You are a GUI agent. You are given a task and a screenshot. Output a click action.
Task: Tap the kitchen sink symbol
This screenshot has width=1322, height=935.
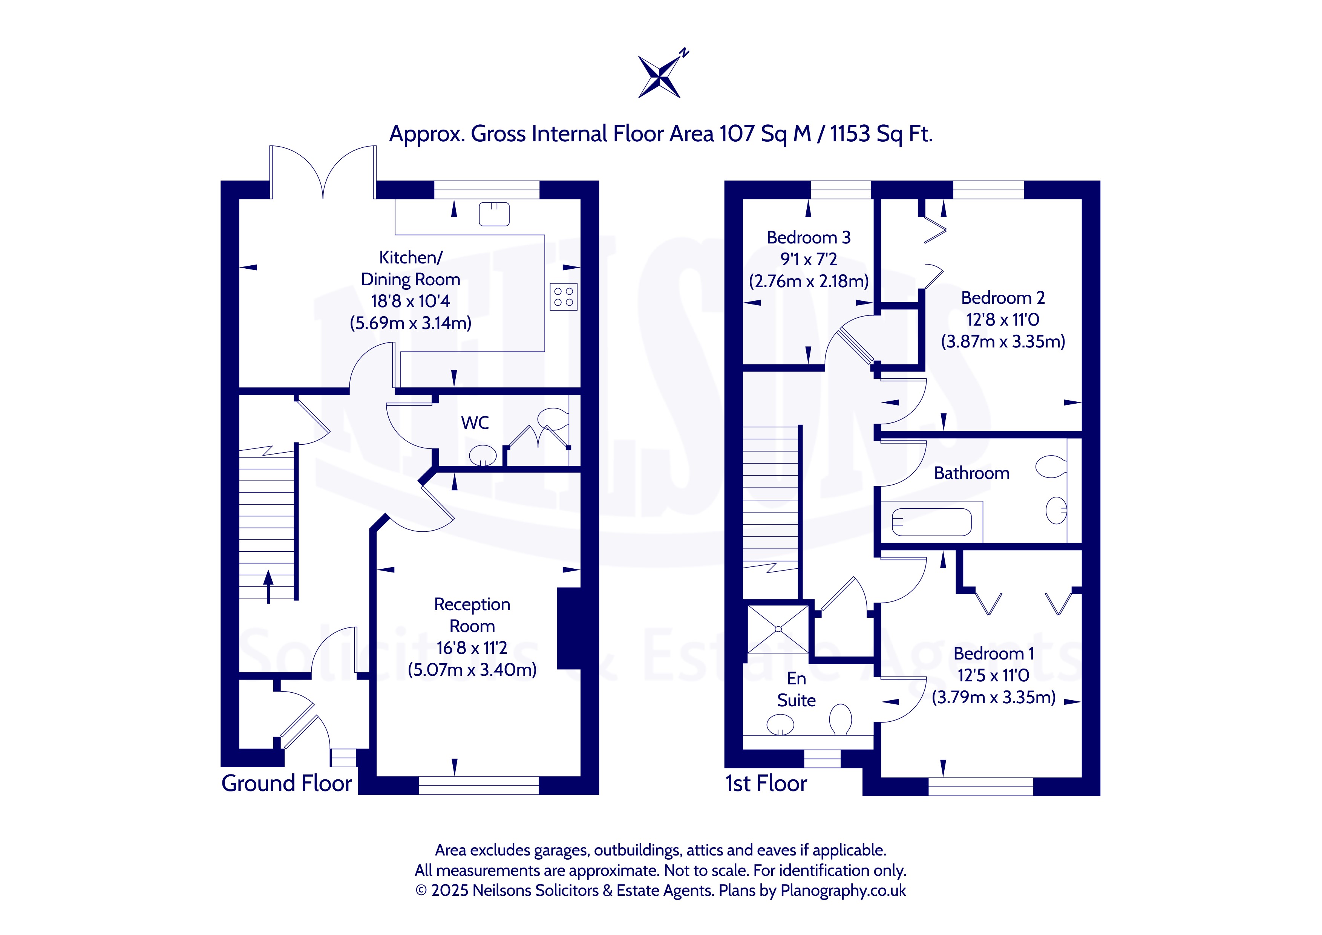[494, 214]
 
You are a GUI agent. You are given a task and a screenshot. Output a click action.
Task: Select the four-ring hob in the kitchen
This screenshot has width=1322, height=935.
[563, 297]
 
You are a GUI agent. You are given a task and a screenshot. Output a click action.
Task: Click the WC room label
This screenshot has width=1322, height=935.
[475, 422]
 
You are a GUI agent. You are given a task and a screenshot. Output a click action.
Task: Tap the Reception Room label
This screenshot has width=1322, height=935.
[472, 615]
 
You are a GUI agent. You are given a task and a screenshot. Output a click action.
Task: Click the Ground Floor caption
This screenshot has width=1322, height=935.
[287, 784]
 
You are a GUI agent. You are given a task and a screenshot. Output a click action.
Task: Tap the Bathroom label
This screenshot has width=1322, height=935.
[972, 473]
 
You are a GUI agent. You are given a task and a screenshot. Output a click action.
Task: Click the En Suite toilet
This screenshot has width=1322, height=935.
[841, 720]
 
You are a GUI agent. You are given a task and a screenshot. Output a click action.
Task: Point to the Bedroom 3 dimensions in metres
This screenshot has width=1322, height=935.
[809, 281]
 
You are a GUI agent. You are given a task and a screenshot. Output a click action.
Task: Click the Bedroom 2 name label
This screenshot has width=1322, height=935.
[1003, 298]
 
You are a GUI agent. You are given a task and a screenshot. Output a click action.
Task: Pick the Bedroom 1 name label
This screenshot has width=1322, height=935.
[994, 653]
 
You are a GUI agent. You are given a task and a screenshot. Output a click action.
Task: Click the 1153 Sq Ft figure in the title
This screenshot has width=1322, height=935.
[881, 133]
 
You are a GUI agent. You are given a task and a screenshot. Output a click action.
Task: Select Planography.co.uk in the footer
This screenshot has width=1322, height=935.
[843, 891]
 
